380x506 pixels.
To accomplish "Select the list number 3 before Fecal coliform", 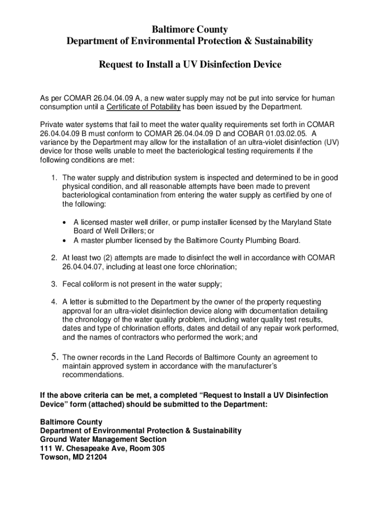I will pyautogui.click(x=53, y=284).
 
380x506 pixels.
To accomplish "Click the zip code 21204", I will pyautogui.click(x=95, y=457).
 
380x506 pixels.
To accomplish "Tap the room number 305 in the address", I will pyautogui.click(x=157, y=448).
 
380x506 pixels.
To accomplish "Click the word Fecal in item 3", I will pyautogui.click(x=72, y=284).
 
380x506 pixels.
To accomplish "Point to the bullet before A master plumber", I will pyautogui.click(x=65, y=241).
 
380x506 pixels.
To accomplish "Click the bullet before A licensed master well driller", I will pyautogui.click(x=65, y=222).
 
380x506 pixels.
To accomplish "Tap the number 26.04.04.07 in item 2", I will pyautogui.click(x=83, y=267).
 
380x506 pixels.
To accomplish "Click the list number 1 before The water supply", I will pyautogui.click(x=53, y=178).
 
